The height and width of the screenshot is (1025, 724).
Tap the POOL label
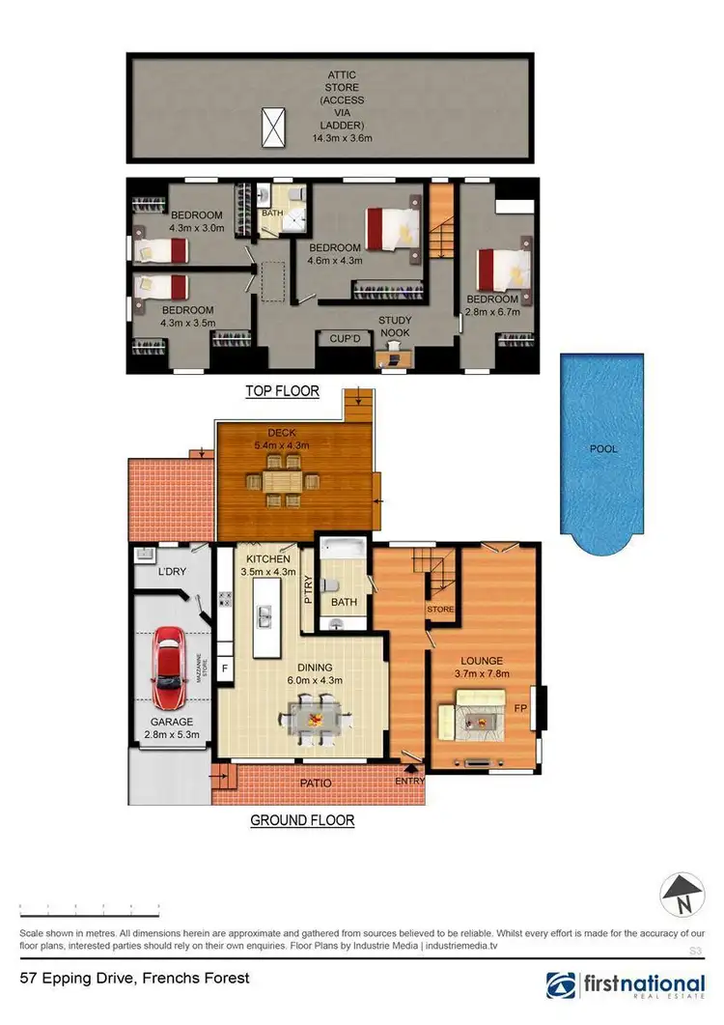click(x=603, y=449)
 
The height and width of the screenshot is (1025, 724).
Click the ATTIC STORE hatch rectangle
click(x=275, y=127)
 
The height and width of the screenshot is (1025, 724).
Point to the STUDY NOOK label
click(x=394, y=327)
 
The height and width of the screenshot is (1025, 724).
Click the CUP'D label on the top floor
click(x=345, y=339)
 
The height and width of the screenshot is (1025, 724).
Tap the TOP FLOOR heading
click(x=283, y=391)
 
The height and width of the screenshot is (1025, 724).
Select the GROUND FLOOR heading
click(x=302, y=821)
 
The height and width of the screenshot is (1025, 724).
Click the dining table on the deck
click(x=289, y=480)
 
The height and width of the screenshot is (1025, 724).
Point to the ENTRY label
click(x=409, y=781)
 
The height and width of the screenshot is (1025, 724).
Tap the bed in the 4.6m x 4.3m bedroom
click(x=394, y=228)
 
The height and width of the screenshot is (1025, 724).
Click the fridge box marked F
click(x=225, y=668)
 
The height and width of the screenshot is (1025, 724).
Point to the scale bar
click(x=90, y=910)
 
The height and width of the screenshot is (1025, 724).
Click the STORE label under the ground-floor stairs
click(x=440, y=610)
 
